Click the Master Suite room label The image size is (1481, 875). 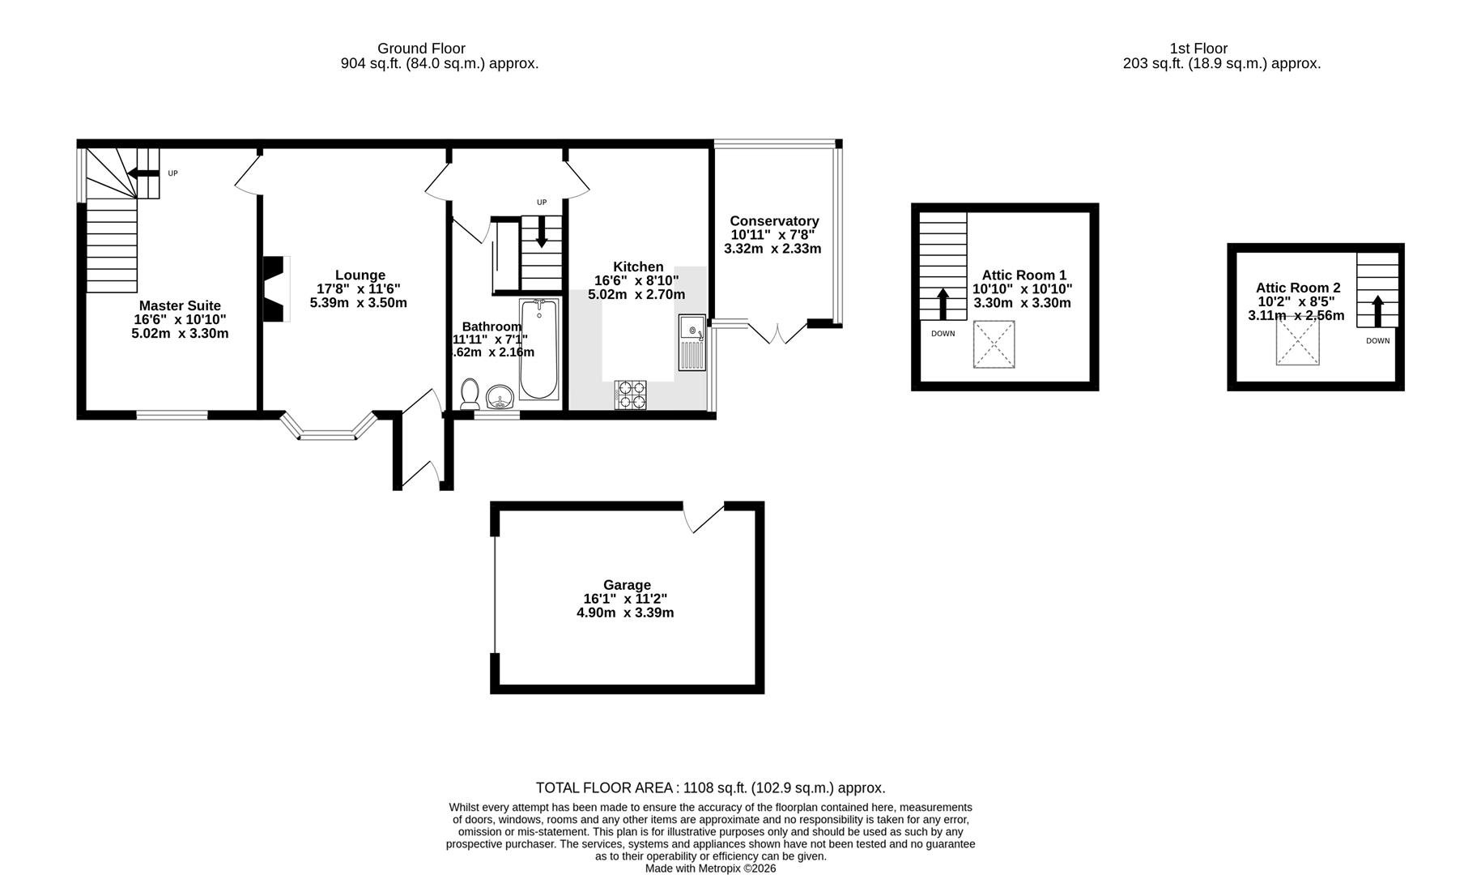pyautogui.click(x=180, y=305)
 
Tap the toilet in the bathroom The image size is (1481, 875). pyautogui.click(x=470, y=394)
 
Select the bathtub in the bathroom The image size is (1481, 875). pyautogui.click(x=538, y=349)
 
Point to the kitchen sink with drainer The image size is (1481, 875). pyautogui.click(x=692, y=342)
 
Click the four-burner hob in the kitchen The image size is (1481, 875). pyautogui.click(x=631, y=395)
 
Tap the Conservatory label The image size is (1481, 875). pyautogui.click(x=774, y=221)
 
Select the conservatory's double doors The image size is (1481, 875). pyautogui.click(x=778, y=331)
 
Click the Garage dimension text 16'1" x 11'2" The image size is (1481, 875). pyautogui.click(x=625, y=599)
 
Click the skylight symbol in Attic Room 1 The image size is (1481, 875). pyautogui.click(x=994, y=344)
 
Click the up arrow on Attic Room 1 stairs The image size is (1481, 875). pyautogui.click(x=943, y=305)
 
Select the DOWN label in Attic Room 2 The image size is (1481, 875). pyautogui.click(x=1377, y=341)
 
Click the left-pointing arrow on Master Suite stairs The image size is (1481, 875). pyautogui.click(x=143, y=173)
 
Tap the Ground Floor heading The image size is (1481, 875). pyautogui.click(x=421, y=49)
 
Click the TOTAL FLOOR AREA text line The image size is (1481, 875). pyautogui.click(x=710, y=787)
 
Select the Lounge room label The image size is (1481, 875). pyautogui.click(x=360, y=275)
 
